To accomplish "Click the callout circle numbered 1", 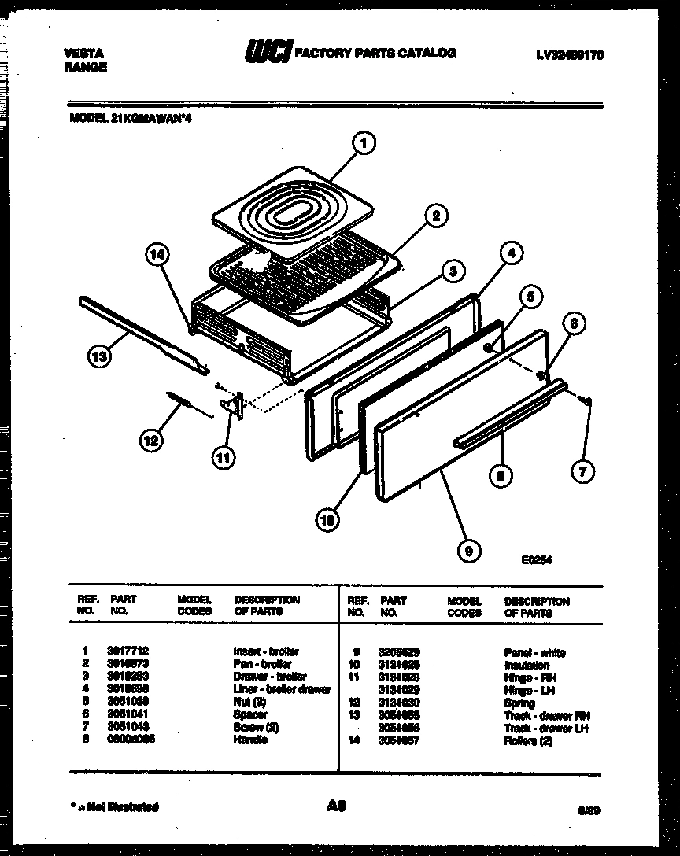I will click(362, 144).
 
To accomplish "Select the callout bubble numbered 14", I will click(157, 253).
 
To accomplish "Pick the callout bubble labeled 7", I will click(583, 472).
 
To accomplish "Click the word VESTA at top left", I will click(80, 53).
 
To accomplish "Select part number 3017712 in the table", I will click(128, 651).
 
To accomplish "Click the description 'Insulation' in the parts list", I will click(527, 665).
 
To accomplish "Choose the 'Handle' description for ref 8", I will click(250, 740).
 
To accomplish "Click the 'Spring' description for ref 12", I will click(519, 703).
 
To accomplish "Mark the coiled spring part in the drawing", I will click(182, 400).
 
